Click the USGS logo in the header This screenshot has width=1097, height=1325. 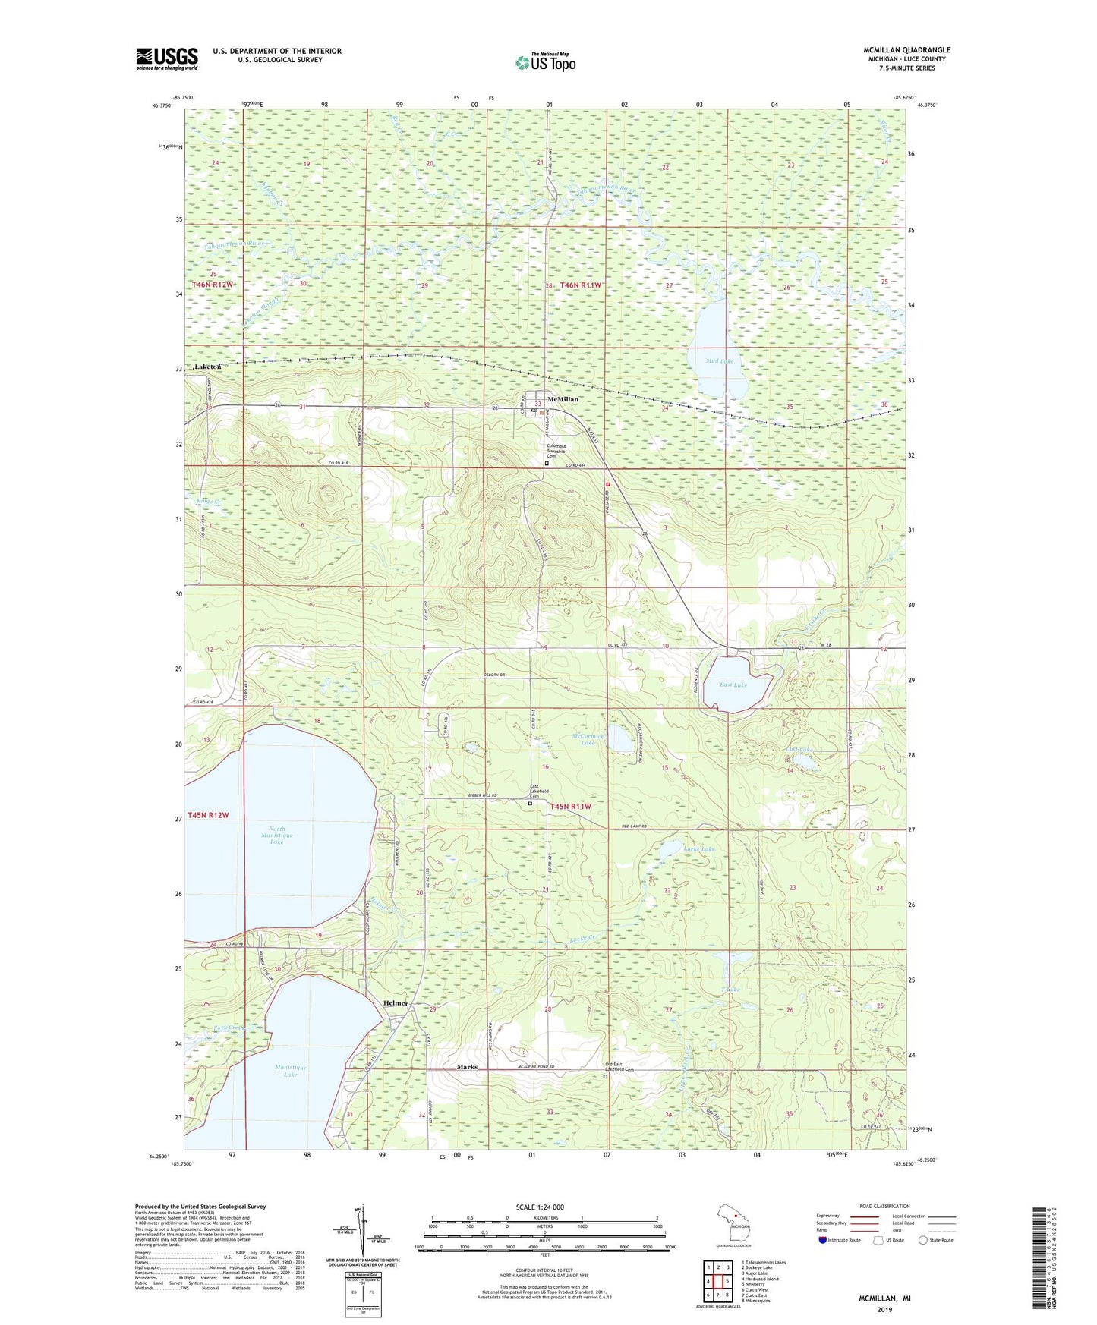point(167,58)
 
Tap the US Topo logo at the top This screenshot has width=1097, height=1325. point(545,62)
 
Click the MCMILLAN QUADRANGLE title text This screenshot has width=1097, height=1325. point(906,50)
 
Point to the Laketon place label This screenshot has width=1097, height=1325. point(207,367)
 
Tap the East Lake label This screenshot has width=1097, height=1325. point(733,685)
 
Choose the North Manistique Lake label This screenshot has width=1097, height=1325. point(276,836)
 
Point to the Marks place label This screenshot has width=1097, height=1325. point(467,1067)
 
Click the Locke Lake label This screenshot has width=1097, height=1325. point(698,848)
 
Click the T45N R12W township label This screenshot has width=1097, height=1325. point(210,815)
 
